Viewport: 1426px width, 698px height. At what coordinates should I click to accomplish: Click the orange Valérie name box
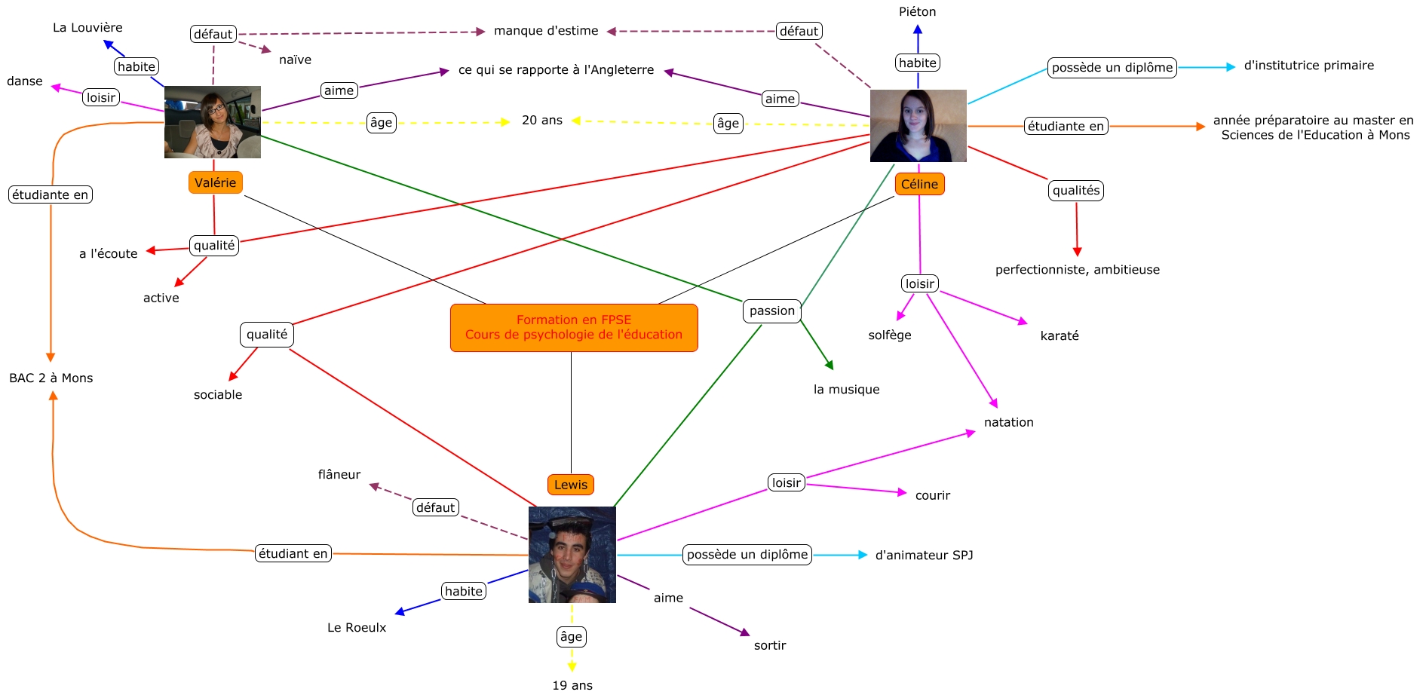tap(215, 182)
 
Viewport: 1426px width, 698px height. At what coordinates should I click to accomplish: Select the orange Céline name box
tap(919, 184)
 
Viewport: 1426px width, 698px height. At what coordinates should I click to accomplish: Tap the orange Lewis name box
tap(571, 485)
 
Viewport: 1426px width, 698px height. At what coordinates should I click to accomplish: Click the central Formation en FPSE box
tap(574, 327)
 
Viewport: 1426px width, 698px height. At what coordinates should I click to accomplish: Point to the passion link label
tap(771, 311)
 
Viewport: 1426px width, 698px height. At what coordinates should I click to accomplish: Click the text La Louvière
tap(87, 28)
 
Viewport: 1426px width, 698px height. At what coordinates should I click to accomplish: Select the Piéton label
tap(917, 12)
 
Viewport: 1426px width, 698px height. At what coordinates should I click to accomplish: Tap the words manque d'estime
tap(546, 31)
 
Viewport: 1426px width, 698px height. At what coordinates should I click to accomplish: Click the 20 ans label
tap(542, 121)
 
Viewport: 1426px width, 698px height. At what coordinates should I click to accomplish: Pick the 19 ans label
tap(572, 685)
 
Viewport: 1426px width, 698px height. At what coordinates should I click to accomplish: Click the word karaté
tap(1059, 336)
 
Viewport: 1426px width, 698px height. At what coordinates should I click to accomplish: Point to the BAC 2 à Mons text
tap(51, 378)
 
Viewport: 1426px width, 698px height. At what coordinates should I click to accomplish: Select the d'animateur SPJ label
tap(924, 556)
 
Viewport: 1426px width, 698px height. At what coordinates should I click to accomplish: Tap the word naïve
tap(295, 60)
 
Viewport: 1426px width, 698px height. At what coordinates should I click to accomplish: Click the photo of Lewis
tap(572, 555)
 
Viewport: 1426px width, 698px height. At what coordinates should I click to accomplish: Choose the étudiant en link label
tap(293, 553)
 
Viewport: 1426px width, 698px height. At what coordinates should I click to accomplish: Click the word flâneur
tap(339, 475)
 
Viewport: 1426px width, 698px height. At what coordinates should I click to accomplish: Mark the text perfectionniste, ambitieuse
tap(1077, 270)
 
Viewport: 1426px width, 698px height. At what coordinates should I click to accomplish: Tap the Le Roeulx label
tap(357, 628)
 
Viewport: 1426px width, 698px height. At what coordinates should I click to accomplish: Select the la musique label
tap(846, 390)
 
